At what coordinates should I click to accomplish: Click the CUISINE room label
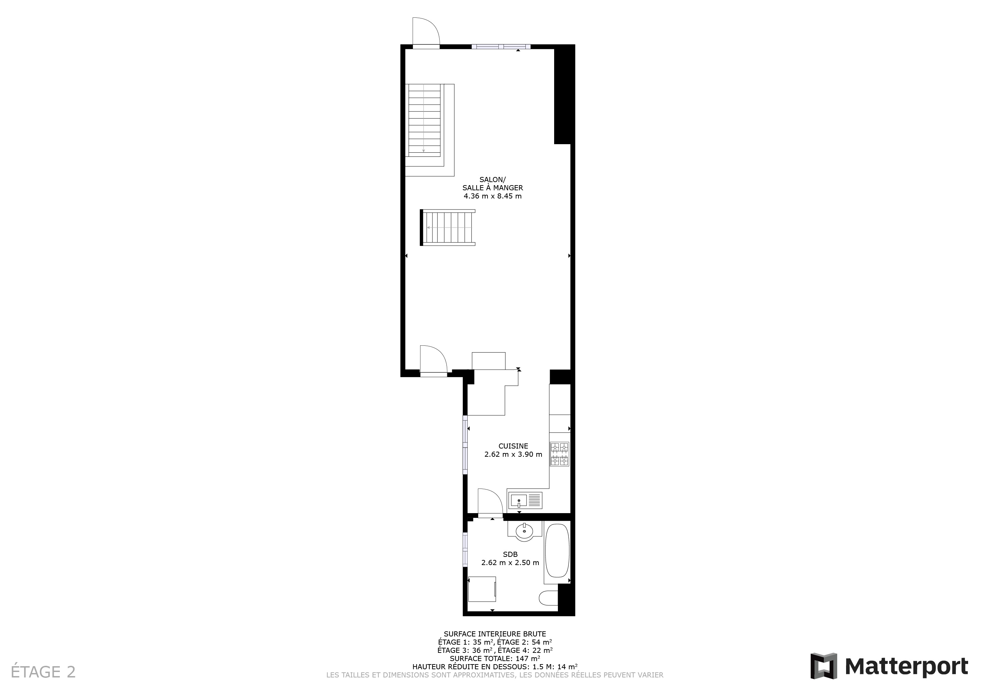coord(513,446)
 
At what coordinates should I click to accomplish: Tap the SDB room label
coord(510,554)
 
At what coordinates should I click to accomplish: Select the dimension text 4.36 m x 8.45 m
coord(492,196)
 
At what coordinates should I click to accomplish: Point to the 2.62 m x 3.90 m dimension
coord(513,454)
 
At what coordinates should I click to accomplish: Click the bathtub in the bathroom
coord(557,551)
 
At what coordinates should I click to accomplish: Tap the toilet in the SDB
coord(548,598)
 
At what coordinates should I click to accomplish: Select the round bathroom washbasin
coord(524,530)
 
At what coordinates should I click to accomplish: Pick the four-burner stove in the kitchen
coord(559,454)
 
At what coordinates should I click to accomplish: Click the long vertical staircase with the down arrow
coord(425,120)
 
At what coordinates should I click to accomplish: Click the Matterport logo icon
coord(824,666)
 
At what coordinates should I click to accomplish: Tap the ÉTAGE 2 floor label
coord(43,672)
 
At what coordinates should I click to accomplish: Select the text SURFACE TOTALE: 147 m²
coord(495,659)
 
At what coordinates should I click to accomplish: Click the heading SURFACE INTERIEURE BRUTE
coord(495,634)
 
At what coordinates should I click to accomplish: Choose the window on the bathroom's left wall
coord(465,550)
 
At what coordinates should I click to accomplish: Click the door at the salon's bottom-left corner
coord(434,361)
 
